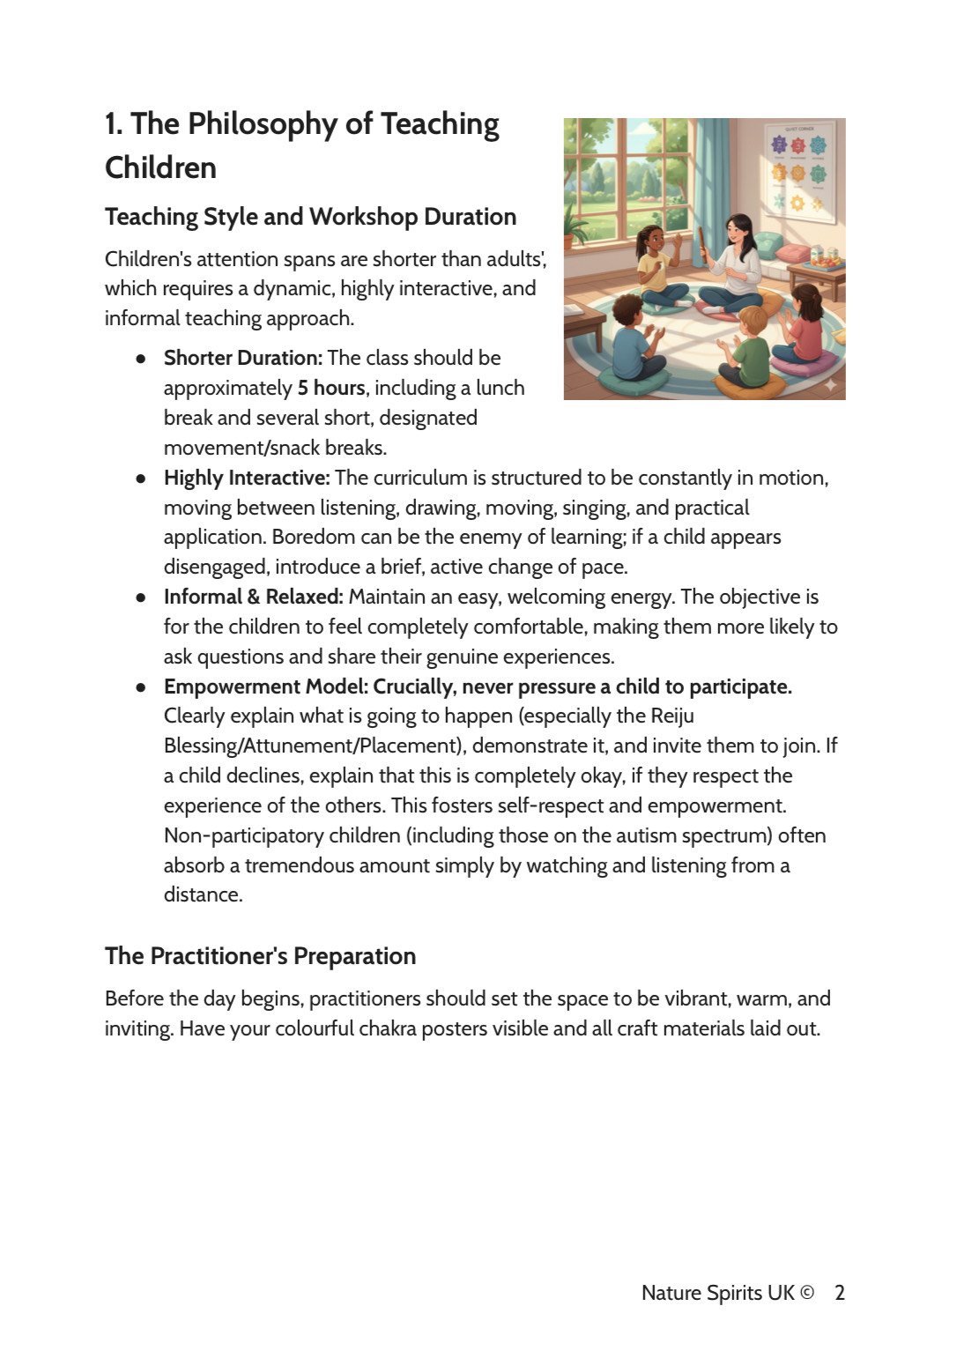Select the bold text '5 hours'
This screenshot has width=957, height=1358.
pyautogui.click(x=330, y=389)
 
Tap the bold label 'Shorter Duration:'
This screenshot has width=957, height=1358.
pyautogui.click(x=242, y=359)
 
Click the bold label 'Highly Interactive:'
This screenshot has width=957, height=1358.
pyautogui.click(x=246, y=479)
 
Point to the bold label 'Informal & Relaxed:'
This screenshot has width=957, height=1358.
pyautogui.click(x=253, y=597)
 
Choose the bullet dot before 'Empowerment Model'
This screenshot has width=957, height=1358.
pyautogui.click(x=141, y=687)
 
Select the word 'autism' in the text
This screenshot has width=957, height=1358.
pyautogui.click(x=657, y=835)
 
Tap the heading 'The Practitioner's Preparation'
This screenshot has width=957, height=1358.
pyautogui.click(x=260, y=956)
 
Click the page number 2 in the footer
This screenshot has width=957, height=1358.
pyautogui.click(x=840, y=1293)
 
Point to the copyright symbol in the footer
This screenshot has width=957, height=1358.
pyautogui.click(x=806, y=1293)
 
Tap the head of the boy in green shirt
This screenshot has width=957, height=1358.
pyautogui.click(x=753, y=319)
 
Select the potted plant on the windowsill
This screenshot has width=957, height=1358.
pyautogui.click(x=575, y=225)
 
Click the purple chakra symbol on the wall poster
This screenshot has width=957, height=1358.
pyautogui.click(x=779, y=144)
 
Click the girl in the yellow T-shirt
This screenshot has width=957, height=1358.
pyautogui.click(x=652, y=264)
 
